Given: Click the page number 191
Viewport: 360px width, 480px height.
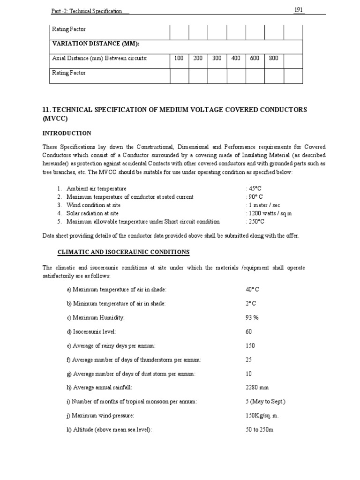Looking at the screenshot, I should coord(299,10).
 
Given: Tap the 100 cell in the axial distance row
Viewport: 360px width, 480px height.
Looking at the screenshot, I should coord(179,59).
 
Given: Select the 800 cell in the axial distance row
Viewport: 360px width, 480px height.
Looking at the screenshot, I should coord(274,59).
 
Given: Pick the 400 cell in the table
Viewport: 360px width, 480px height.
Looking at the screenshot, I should coord(236,59).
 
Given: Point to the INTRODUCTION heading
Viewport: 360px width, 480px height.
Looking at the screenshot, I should coord(67,134).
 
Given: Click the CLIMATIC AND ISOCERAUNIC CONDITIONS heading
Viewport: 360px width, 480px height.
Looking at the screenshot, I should coord(123,252).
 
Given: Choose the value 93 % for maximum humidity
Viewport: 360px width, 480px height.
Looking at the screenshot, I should coord(252,317).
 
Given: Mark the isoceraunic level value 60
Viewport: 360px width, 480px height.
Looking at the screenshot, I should coord(249,331).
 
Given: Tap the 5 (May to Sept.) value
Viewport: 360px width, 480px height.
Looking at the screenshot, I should coord(265,402).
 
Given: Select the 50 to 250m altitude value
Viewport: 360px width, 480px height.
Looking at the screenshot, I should coord(259,430).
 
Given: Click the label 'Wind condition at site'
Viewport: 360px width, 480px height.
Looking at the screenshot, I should coord(93,205).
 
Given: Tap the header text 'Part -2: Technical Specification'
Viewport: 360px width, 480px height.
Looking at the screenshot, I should coord(86,11).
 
